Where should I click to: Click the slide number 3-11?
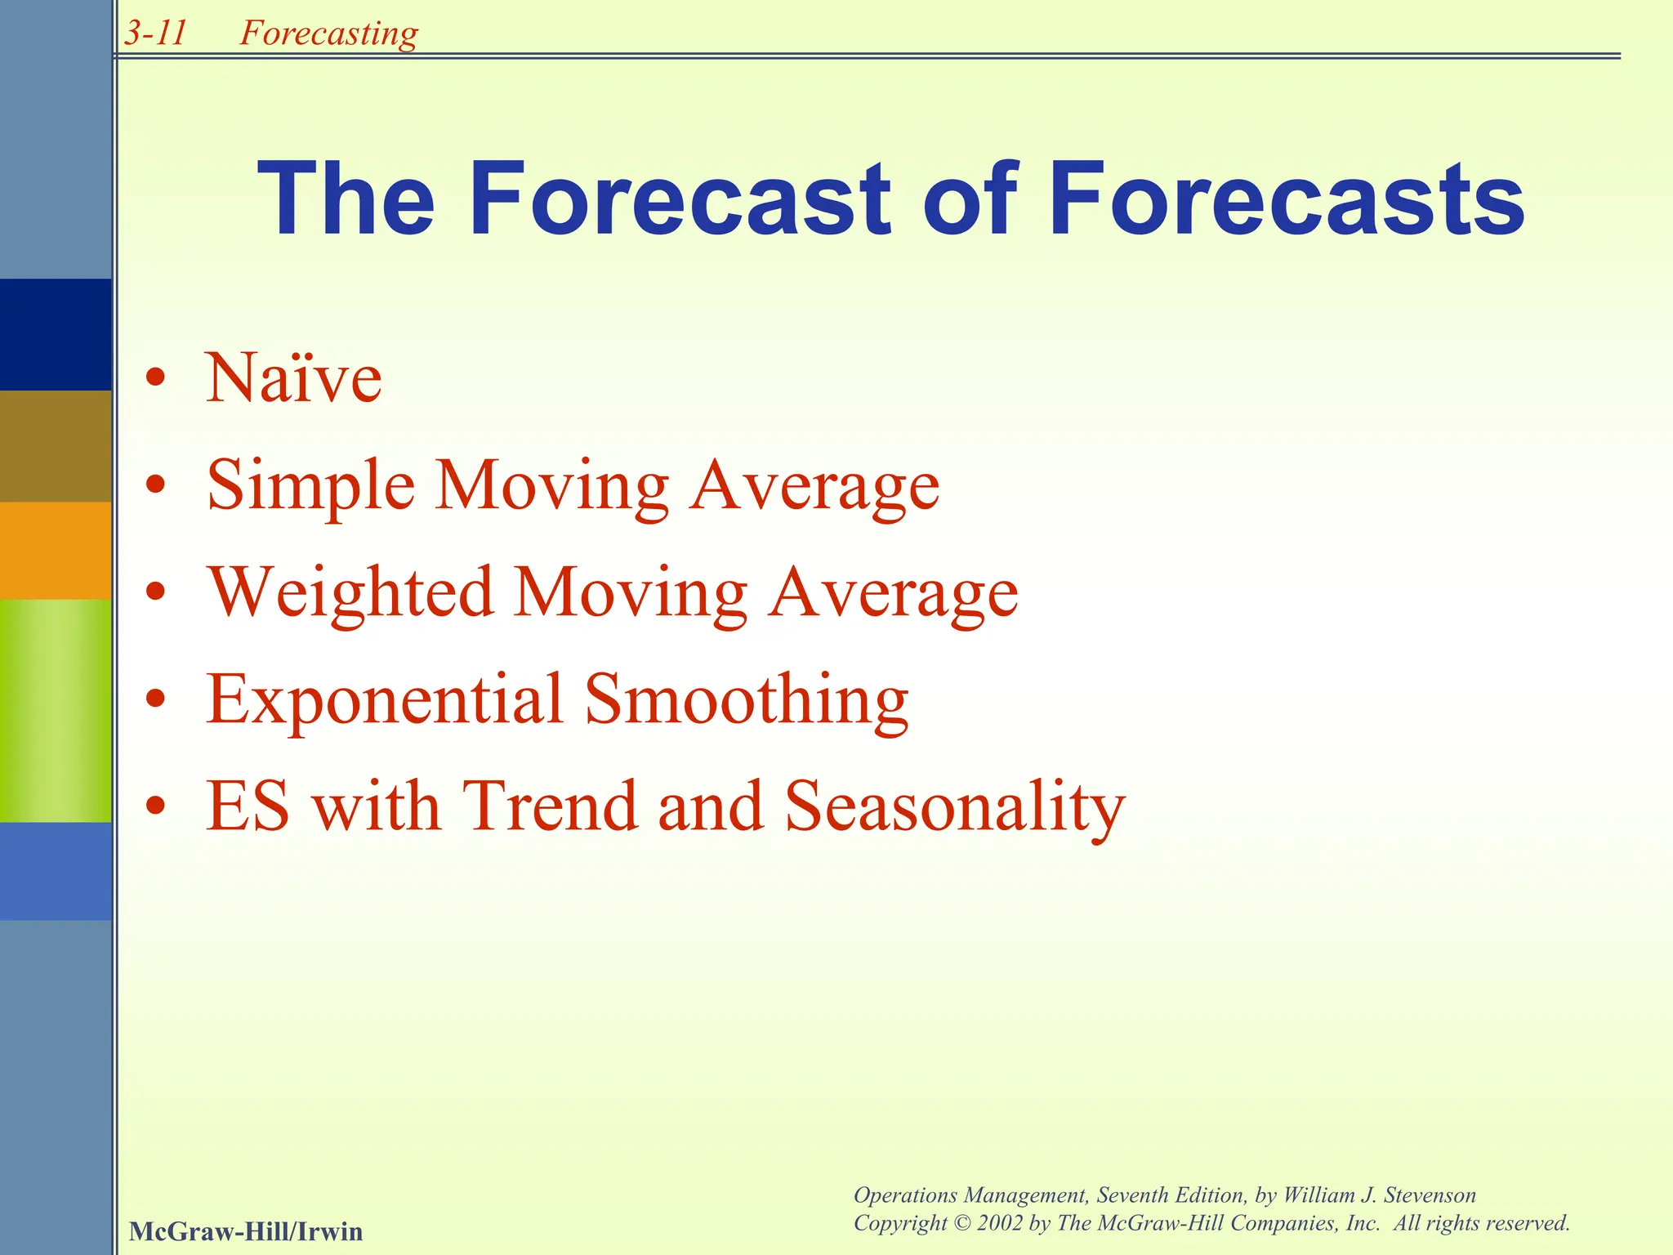pyautogui.click(x=155, y=33)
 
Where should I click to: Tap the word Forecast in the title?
pyautogui.click(x=680, y=200)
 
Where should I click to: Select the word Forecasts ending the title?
pyautogui.click(x=1286, y=200)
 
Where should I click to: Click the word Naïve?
pyautogui.click(x=293, y=378)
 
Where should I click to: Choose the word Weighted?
pyautogui.click(x=350, y=594)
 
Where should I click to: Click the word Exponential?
pyautogui.click(x=385, y=701)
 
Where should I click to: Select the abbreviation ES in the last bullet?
pyautogui.click(x=248, y=807)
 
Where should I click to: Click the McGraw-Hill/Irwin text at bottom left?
pyautogui.click(x=246, y=1231)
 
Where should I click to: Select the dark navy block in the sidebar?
pyautogui.click(x=56, y=334)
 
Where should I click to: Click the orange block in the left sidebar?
pyautogui.click(x=56, y=550)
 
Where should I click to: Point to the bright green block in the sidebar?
pyautogui.click(x=56, y=710)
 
